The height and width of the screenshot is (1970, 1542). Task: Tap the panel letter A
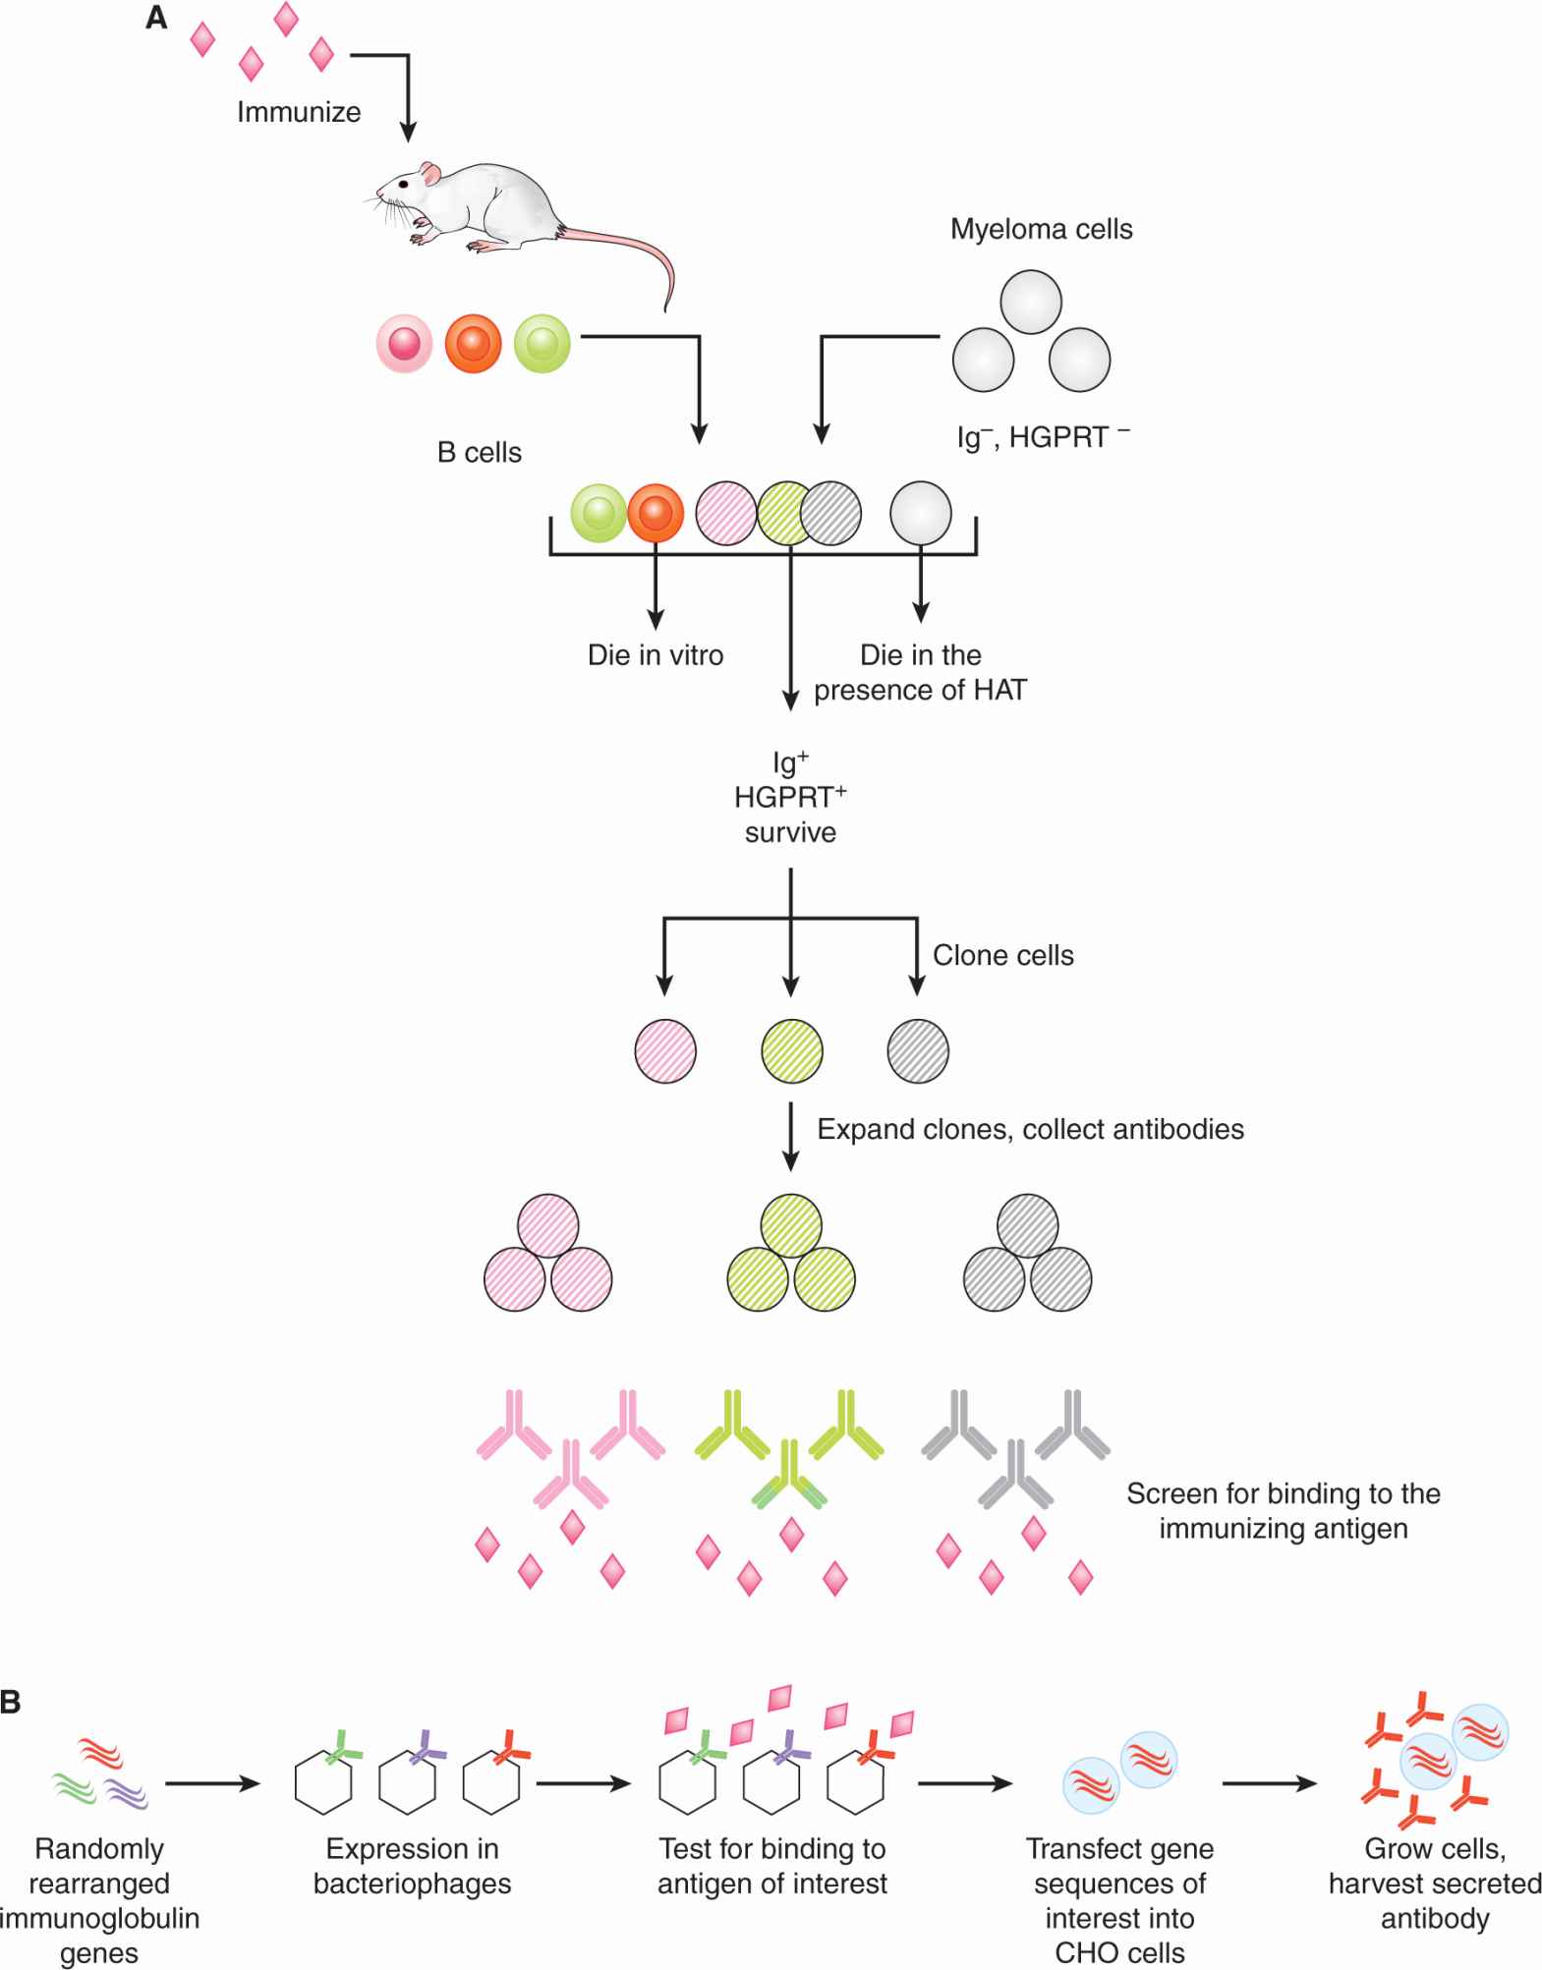156,18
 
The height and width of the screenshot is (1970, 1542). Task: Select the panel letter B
11,1702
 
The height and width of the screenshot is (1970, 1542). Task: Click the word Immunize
299,112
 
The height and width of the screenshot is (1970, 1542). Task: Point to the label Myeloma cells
1041,229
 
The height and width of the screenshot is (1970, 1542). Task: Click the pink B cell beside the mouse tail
404,344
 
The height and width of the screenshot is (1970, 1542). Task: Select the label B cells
480,452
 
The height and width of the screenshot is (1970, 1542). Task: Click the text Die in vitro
656,654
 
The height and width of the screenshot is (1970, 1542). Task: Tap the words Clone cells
1002,955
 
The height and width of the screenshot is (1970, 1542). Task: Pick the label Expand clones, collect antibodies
1030,1129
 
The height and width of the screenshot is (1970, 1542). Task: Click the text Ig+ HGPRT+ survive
790,796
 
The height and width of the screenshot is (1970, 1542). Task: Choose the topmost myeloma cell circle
1031,303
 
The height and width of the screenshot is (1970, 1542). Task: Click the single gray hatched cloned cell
918,1050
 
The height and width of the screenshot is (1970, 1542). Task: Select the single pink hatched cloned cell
665,1050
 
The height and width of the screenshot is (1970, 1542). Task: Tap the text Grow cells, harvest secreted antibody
1434,1883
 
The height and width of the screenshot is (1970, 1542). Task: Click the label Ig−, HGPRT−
1042,436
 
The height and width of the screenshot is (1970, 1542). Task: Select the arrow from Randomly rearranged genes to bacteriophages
212,1783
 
